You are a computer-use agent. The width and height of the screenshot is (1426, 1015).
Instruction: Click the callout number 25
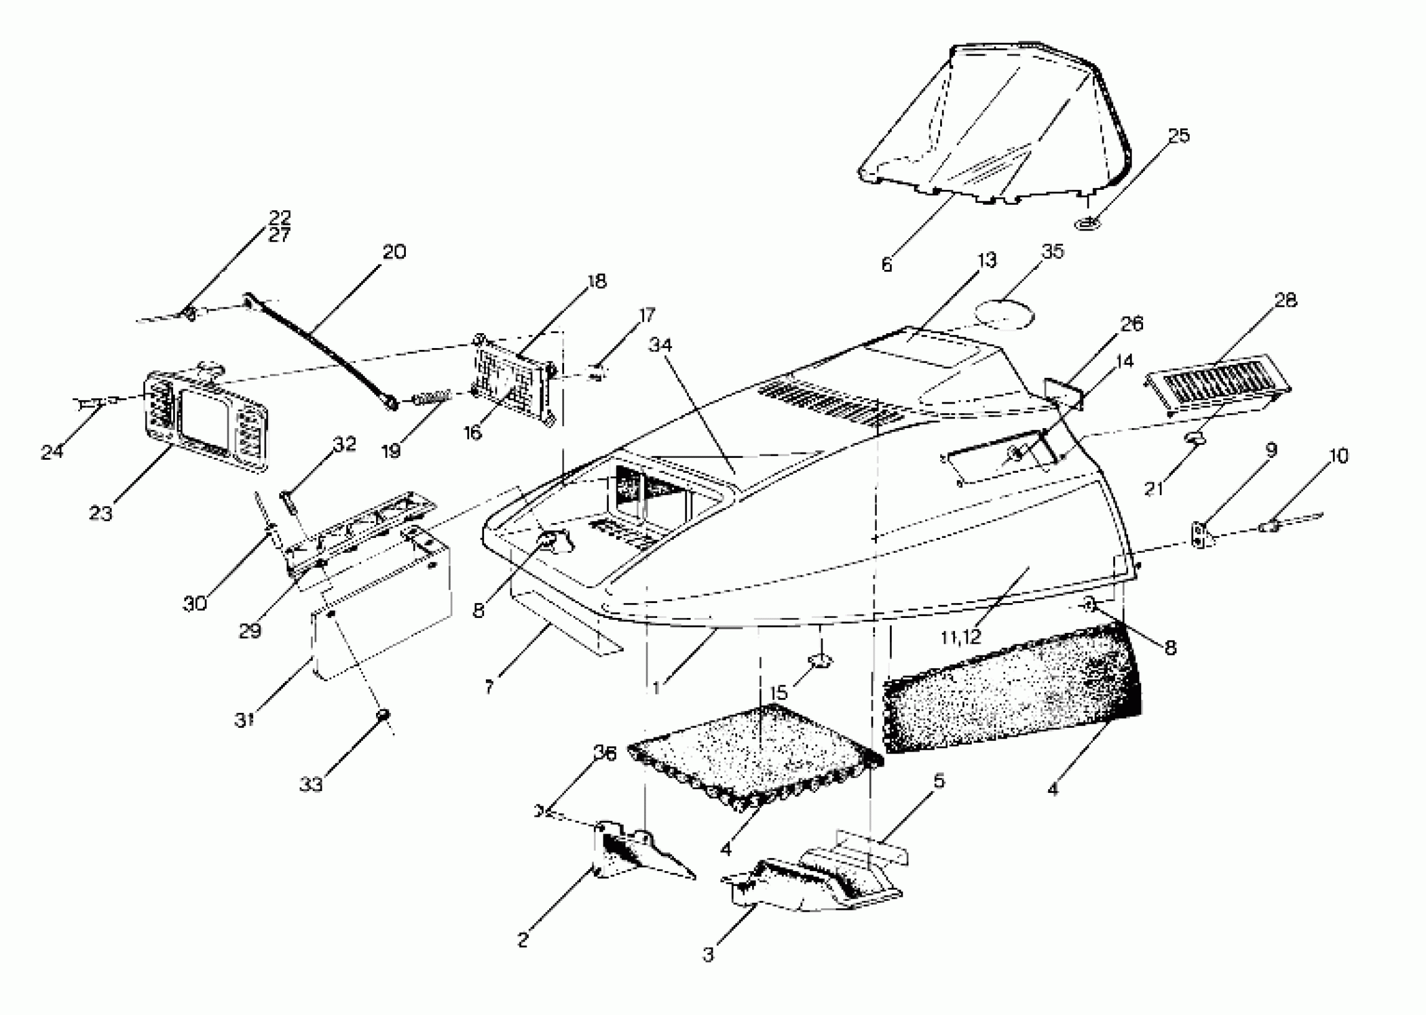[1178, 136]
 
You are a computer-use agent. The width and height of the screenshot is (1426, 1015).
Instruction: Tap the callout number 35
[1052, 251]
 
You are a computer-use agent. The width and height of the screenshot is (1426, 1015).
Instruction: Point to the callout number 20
[395, 252]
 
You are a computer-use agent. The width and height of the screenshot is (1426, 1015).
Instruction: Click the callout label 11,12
[960, 637]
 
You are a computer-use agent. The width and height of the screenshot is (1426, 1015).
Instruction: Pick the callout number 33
[310, 784]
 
